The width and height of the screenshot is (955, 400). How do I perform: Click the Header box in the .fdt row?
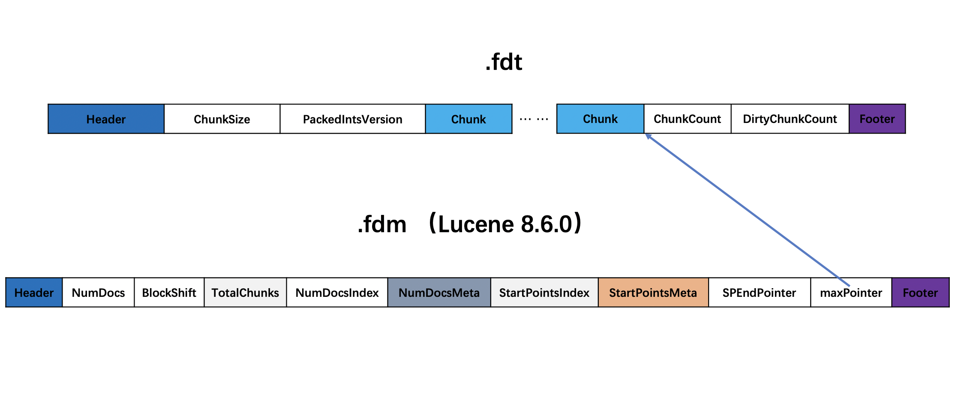click(106, 119)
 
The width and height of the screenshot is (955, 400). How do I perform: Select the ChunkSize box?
click(222, 119)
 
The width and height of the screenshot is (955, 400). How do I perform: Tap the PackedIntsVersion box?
click(353, 119)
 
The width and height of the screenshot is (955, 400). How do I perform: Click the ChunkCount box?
click(687, 119)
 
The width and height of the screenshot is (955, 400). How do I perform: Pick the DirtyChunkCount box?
click(790, 119)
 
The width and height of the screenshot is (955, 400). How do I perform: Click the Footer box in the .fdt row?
click(877, 119)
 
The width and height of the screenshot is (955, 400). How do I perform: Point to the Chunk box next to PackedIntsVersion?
click(468, 119)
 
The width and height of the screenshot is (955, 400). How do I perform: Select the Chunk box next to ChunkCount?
click(600, 119)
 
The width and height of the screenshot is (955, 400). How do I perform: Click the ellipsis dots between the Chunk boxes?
click(534, 119)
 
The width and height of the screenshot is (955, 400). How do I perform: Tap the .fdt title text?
click(504, 62)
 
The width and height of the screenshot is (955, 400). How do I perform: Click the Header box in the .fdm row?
click(34, 293)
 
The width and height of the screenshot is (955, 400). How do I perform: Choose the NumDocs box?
click(98, 293)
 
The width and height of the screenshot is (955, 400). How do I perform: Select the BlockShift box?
click(169, 293)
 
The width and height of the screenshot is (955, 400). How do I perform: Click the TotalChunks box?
click(245, 293)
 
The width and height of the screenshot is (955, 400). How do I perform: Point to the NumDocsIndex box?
click(337, 293)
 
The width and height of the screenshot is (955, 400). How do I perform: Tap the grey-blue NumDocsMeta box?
click(439, 293)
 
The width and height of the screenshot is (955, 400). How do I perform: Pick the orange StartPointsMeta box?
click(653, 293)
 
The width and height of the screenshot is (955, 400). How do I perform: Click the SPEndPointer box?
click(760, 293)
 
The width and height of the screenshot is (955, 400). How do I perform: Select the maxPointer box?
click(851, 293)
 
